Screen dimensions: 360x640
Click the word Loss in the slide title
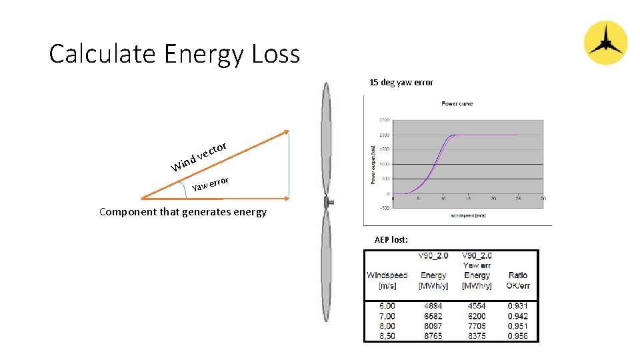pos(275,53)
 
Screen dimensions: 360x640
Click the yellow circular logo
pos(605,43)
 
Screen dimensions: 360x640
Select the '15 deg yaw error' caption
pos(401,83)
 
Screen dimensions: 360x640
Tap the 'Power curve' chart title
pos(458,104)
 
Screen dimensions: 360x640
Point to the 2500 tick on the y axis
pos(384,120)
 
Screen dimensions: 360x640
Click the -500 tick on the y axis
pos(384,207)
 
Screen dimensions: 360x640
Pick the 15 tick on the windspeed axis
pos(468,199)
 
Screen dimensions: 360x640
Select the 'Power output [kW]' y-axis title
pos(373,163)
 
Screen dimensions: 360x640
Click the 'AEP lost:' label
pos(391,239)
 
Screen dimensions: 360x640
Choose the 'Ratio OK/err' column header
pos(517,280)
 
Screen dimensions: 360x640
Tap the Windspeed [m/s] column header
pos(387,280)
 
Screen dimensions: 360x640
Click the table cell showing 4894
pos(433,306)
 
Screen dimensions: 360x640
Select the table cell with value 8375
pos(477,336)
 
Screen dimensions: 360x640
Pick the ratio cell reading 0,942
pos(517,316)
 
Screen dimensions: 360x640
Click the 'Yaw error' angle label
pos(211,184)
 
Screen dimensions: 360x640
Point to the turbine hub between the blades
pos(325,202)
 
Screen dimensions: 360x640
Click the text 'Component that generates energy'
pos(183,212)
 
